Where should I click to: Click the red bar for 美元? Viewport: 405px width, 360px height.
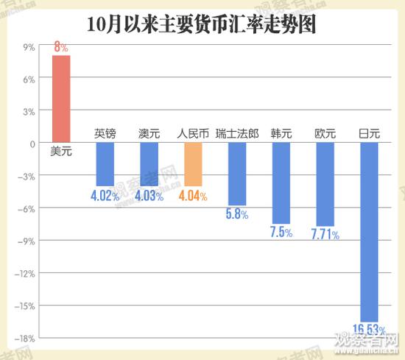coord(60,99)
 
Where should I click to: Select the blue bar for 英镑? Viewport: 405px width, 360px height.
coord(105,164)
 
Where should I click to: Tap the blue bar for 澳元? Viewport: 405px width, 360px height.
coord(149,164)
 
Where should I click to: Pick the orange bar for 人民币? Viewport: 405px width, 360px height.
coord(193,164)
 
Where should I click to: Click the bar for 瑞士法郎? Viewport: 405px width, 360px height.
coord(237,174)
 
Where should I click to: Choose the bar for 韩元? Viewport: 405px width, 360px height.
coord(281,183)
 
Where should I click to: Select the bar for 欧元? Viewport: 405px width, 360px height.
coord(325,184)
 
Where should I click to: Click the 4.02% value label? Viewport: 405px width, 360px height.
coord(105,197)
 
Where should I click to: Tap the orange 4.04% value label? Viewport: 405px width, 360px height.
coord(193,197)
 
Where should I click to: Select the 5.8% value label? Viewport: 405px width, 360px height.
coord(237,215)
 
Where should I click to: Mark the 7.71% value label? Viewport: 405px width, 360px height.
coord(325,235)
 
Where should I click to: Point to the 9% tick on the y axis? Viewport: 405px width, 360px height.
coord(30,47)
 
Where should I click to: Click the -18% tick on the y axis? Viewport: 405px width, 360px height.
coord(27,338)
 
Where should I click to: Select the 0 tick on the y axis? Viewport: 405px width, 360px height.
coord(32,144)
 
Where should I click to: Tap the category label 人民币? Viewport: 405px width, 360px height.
coord(193,134)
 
